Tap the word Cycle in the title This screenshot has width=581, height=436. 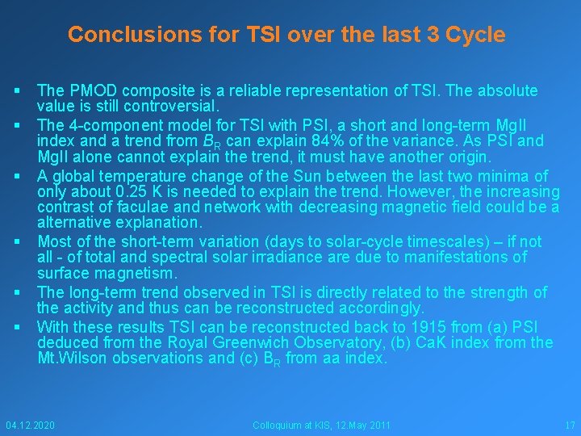pos(475,35)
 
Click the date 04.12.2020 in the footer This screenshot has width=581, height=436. pos(31,425)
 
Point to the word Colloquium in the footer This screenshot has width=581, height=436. pos(278,425)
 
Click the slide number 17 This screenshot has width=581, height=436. pos(570,425)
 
